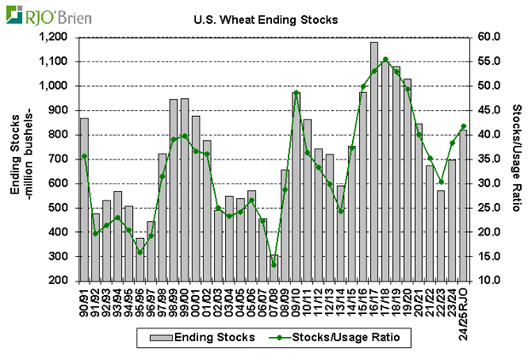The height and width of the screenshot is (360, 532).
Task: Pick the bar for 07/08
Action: (x=274, y=268)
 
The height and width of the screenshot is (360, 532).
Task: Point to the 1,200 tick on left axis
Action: (x=52, y=38)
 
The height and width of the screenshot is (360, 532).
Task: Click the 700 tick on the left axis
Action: (x=57, y=160)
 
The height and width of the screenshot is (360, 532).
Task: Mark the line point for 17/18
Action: (x=385, y=60)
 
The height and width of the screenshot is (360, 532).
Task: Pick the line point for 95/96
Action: (x=140, y=252)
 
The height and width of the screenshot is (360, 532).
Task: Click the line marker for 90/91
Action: (x=84, y=156)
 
